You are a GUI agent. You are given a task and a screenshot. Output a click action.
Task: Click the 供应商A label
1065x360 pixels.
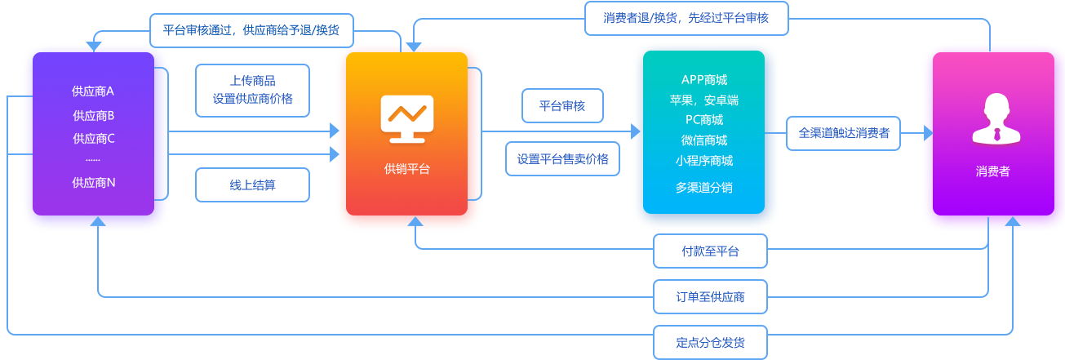[94, 91]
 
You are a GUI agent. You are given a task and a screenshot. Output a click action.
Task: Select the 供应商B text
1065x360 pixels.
[94, 115]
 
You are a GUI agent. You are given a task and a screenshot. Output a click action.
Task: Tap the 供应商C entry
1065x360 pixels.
[94, 138]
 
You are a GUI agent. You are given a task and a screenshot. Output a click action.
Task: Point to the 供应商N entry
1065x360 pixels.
[94, 183]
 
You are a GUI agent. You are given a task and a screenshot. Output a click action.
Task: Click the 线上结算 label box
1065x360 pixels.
[252, 185]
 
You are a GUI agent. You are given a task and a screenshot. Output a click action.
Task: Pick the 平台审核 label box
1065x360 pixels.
[562, 105]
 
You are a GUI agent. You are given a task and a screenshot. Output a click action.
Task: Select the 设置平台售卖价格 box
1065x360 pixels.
[562, 159]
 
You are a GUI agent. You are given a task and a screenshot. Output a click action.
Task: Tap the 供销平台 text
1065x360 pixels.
[406, 169]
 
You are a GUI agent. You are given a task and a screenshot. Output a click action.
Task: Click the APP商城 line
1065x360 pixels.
[703, 80]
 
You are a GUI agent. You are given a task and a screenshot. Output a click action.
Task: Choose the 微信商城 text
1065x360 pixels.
[703, 140]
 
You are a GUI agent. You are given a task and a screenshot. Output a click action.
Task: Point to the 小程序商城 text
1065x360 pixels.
[703, 160]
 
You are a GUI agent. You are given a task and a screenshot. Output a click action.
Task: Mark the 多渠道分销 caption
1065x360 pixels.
[703, 187]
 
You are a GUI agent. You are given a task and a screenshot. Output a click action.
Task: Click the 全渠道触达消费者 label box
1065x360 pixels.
[844, 132]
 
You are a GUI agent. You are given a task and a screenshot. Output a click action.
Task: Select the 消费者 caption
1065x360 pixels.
[992, 171]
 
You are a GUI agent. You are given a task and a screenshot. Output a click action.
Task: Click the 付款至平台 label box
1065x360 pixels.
[710, 251]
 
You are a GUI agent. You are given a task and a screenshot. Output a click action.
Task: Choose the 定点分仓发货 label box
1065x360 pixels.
[710, 342]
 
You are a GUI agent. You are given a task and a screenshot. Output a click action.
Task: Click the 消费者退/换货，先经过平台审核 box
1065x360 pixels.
[686, 17]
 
